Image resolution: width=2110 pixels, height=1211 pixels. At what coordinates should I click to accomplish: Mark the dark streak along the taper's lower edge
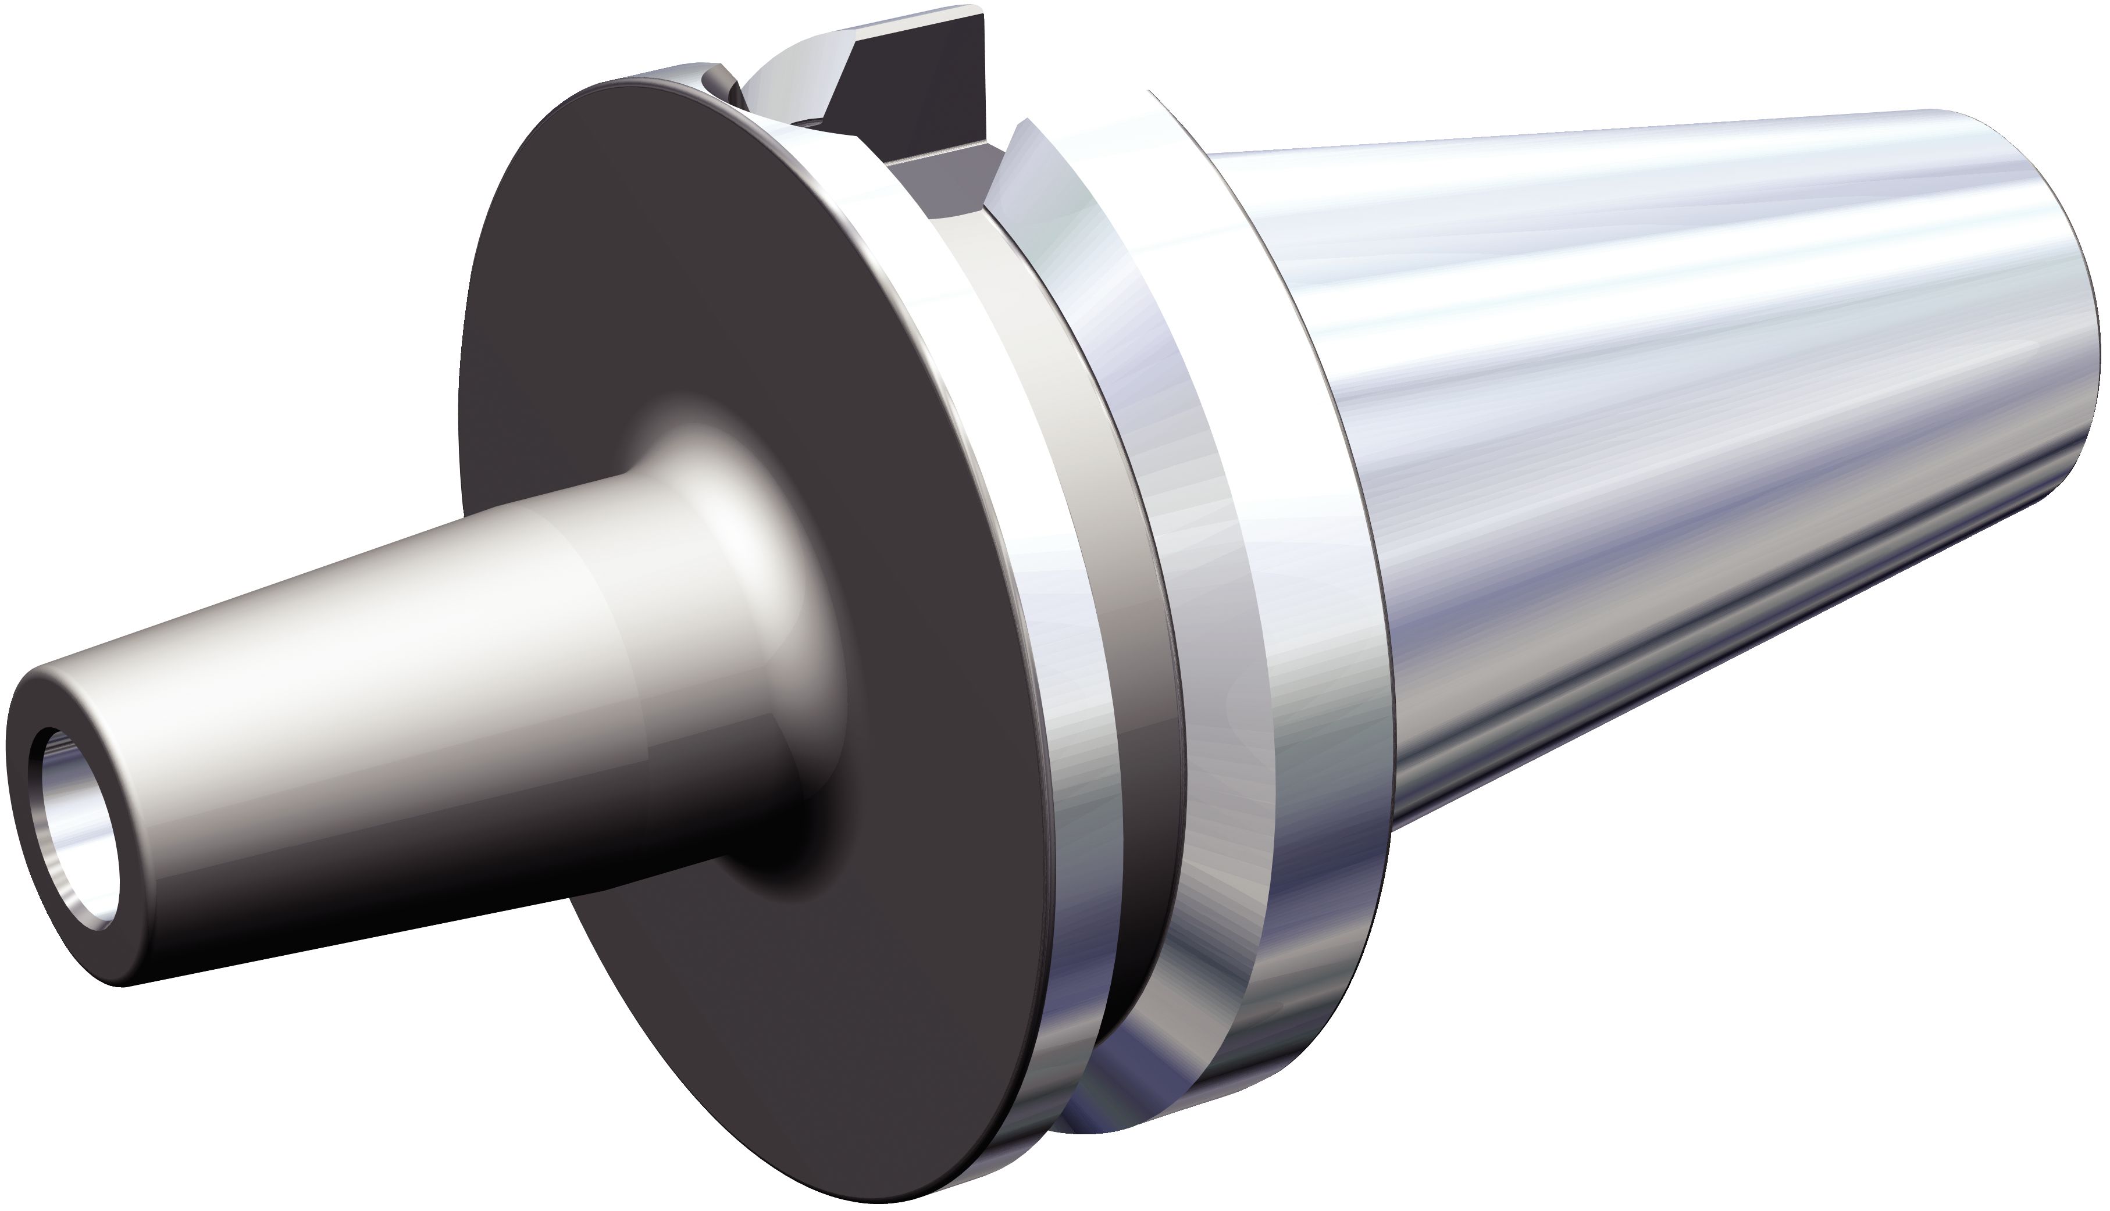coord(1747,666)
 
